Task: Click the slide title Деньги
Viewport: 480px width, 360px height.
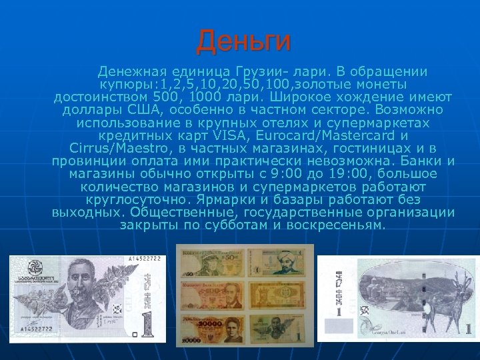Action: coord(243,41)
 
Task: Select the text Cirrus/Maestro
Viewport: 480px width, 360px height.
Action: coord(112,148)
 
